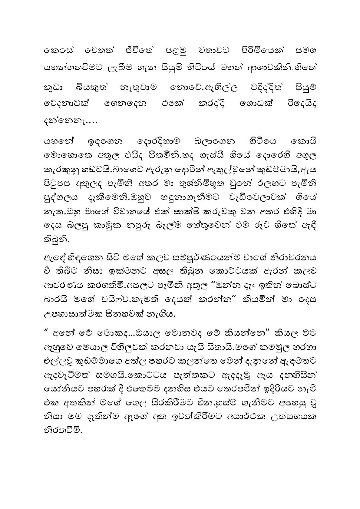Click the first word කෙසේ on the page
(54, 51)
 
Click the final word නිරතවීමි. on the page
(63, 431)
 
